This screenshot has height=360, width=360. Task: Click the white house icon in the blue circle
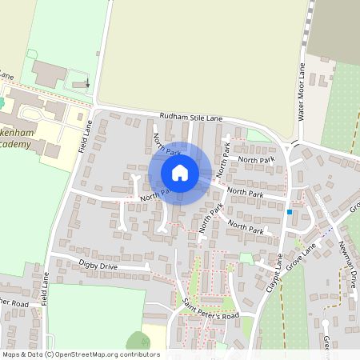tap(180, 172)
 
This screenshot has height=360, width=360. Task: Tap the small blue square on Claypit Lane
tap(289, 212)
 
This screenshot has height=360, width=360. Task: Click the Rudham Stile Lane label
tap(190, 118)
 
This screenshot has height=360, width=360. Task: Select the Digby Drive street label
tap(98, 264)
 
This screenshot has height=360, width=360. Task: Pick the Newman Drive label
tap(348, 263)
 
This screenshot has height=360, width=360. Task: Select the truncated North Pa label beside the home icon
tap(153, 194)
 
